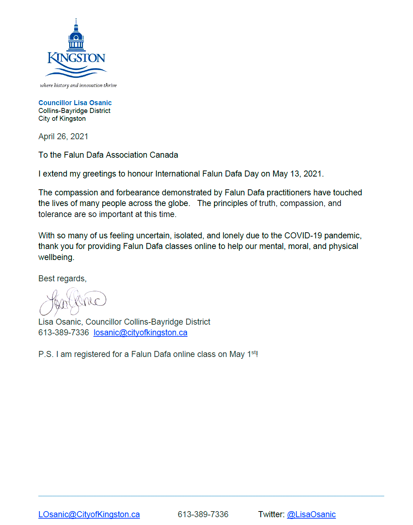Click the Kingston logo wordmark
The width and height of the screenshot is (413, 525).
(76, 58)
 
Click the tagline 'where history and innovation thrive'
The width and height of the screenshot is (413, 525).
(78, 85)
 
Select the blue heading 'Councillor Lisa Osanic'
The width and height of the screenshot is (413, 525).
(75, 103)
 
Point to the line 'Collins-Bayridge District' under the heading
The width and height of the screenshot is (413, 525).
(74, 111)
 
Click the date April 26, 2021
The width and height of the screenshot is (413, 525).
(63, 136)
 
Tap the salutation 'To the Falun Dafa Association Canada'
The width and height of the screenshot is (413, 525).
(108, 155)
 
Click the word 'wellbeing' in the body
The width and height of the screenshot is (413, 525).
(55, 257)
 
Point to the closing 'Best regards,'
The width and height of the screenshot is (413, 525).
(62, 278)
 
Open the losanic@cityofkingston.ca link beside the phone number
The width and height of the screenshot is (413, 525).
(140, 332)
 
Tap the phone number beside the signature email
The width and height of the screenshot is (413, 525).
(64, 332)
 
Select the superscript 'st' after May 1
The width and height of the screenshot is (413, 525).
(254, 352)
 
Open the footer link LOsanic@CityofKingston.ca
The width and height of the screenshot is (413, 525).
(89, 514)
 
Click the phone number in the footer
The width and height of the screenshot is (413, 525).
(203, 514)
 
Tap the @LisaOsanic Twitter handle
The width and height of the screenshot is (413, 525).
(311, 514)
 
